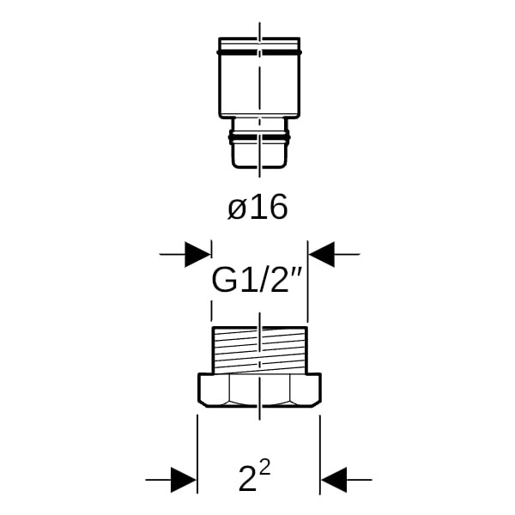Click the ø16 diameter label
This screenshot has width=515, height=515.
[257, 207]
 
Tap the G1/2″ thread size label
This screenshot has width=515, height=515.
[257, 280]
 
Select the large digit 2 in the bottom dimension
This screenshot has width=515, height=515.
[247, 479]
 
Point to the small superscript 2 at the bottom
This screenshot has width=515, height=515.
[264, 468]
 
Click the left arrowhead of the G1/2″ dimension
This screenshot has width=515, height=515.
[197, 254]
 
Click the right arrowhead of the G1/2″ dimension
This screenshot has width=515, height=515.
[322, 254]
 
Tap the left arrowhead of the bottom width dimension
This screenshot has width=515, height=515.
[184, 480]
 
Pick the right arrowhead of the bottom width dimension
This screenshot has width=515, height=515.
[334, 480]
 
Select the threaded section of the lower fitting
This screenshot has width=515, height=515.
[259, 350]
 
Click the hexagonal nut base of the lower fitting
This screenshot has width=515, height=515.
[259, 391]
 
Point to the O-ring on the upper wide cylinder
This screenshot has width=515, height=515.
[259, 52]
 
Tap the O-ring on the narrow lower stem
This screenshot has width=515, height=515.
[259, 137]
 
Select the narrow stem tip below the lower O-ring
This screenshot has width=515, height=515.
[259, 155]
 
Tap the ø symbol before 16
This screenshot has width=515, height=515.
[237, 209]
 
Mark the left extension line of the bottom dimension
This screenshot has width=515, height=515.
[197, 454]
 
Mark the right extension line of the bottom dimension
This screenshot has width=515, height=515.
[320, 454]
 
